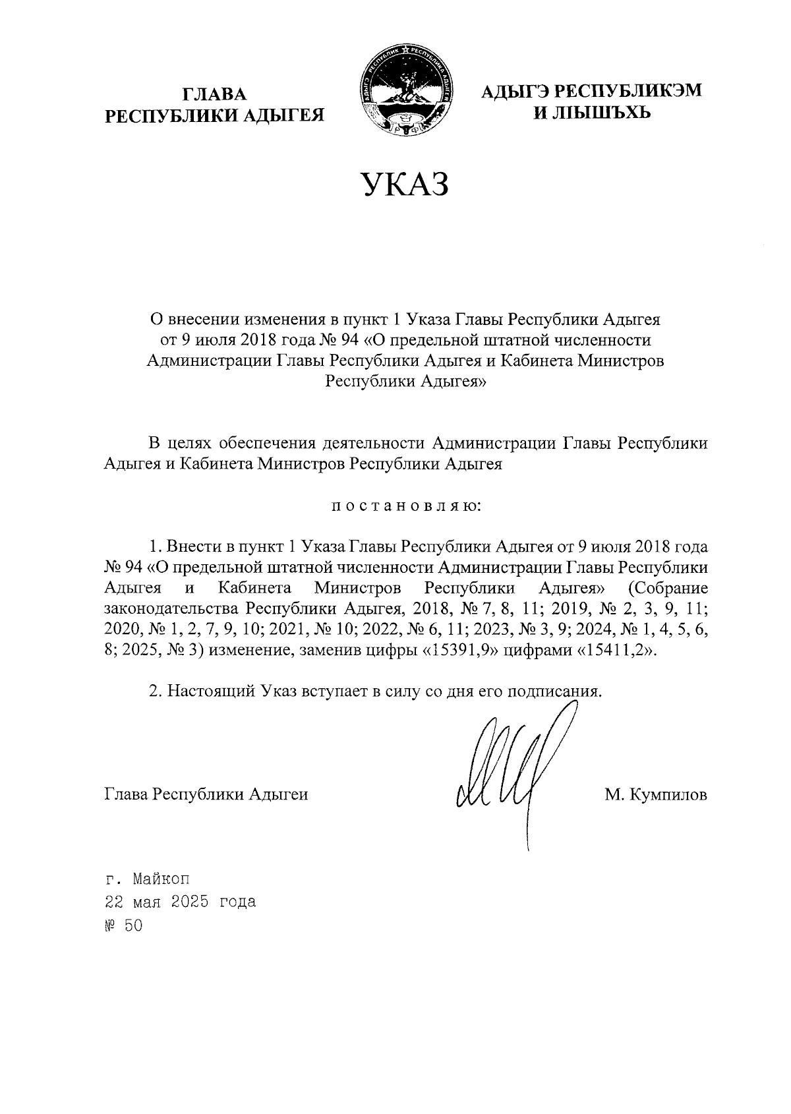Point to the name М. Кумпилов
coord(656,795)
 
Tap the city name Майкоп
coord(161,879)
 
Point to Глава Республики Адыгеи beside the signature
coord(206,795)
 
